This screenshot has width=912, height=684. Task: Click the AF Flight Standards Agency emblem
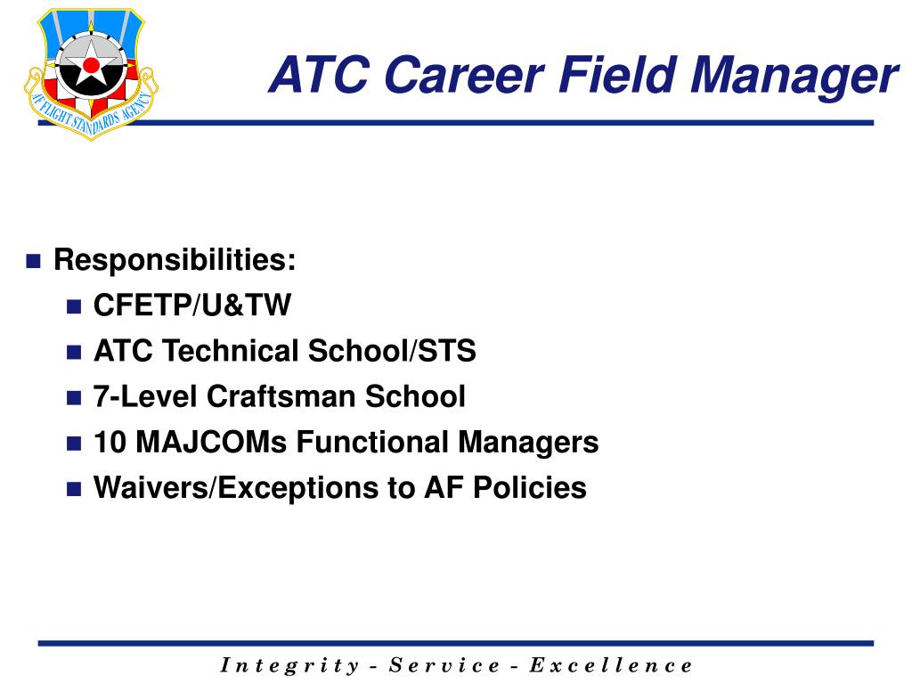[x=91, y=74]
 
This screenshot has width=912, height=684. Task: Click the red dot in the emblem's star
[x=92, y=64]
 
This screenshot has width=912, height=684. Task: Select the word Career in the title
[x=463, y=75]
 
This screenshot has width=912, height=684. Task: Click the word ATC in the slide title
[x=319, y=75]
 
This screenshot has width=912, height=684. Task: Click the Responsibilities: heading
[x=175, y=259]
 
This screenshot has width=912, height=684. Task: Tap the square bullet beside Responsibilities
[x=34, y=261]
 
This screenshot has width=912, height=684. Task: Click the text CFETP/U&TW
[x=192, y=305]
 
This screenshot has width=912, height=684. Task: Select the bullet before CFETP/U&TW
[x=74, y=306]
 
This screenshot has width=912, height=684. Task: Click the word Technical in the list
[x=231, y=350]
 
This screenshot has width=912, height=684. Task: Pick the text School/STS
[x=392, y=350]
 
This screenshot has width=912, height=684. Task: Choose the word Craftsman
[x=281, y=396]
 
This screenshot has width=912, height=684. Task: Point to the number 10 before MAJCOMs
[x=110, y=442]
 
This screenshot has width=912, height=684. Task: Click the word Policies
[x=530, y=487]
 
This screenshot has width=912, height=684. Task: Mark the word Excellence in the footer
[x=611, y=664]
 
